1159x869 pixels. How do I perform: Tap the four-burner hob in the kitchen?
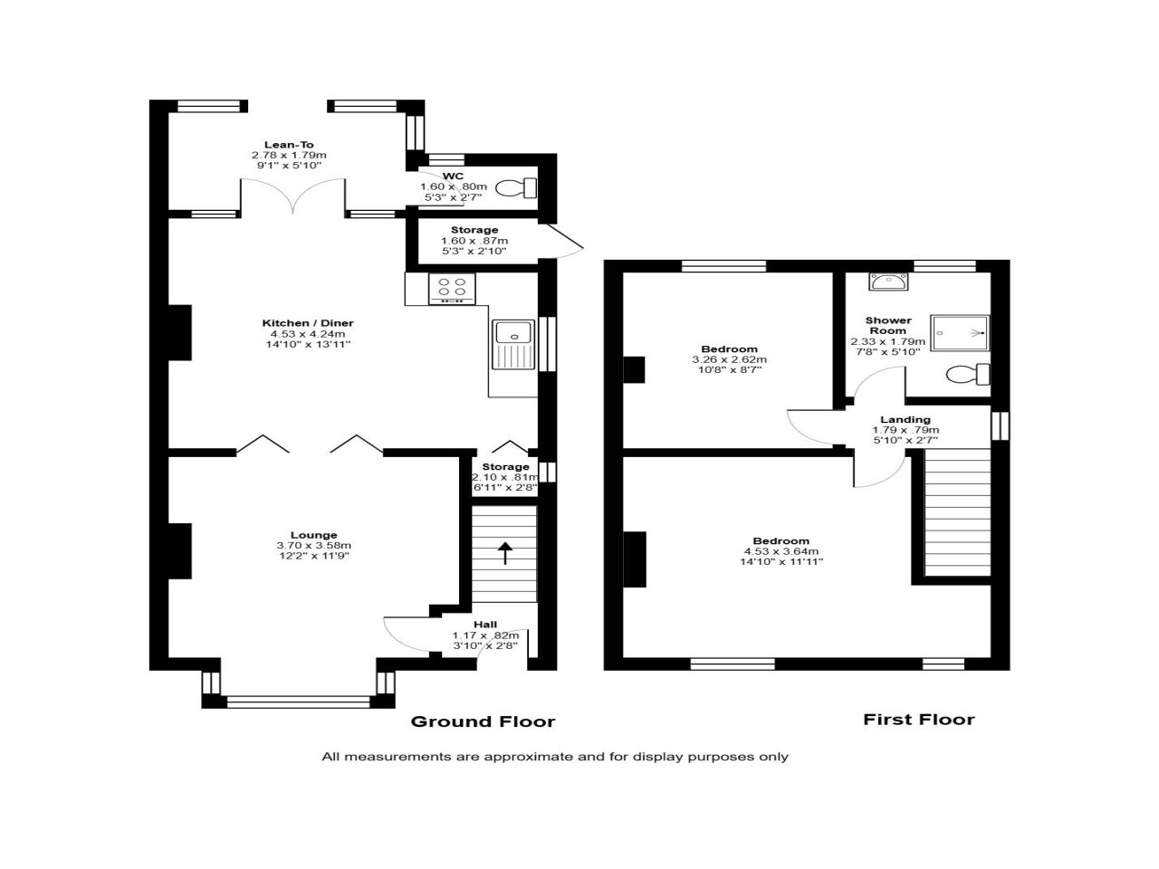tap(451, 289)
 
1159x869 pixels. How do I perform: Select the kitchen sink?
tap(513, 344)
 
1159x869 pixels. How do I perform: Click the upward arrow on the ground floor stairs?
tap(503, 553)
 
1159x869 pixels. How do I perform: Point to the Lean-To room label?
tap(289, 145)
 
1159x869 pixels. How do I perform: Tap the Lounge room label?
tap(313, 535)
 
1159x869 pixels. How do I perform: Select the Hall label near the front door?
tap(485, 625)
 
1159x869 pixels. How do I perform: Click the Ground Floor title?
tap(483, 721)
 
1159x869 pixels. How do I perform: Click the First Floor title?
tap(918, 720)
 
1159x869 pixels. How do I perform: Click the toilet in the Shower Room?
tap(967, 374)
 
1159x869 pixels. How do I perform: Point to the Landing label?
tap(905, 420)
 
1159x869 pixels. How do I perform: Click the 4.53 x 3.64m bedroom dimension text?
tap(781, 551)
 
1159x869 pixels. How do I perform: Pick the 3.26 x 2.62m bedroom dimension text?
tap(729, 359)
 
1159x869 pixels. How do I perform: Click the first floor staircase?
tap(956, 514)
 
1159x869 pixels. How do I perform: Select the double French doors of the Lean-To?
tap(292, 196)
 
